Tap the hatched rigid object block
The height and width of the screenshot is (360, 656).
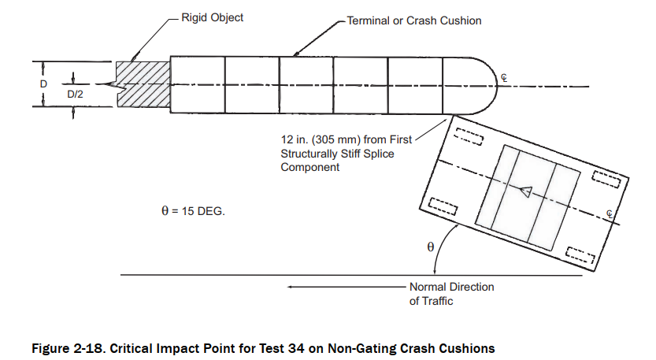pyautogui.click(x=143, y=84)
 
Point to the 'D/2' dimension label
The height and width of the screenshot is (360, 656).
pyautogui.click(x=76, y=95)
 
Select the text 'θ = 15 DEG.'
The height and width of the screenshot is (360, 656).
pyautogui.click(x=192, y=211)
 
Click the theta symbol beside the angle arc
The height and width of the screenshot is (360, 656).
pyautogui.click(x=430, y=247)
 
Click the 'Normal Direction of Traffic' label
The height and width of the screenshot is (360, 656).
pyautogui.click(x=451, y=294)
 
